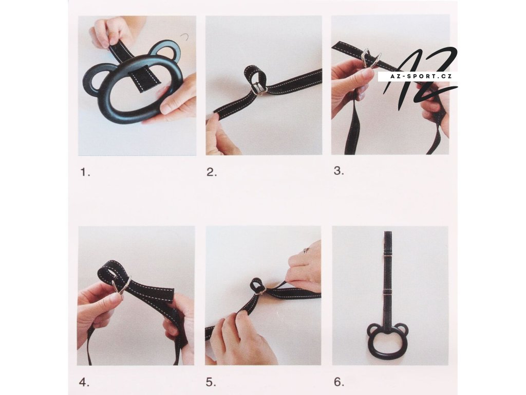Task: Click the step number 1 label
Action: [x=85, y=173]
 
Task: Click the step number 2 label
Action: [x=212, y=173]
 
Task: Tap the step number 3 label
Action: [x=339, y=171]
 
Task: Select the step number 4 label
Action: [x=84, y=382]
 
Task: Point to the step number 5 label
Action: [x=211, y=382]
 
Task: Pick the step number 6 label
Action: [x=339, y=382]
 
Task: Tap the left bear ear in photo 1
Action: [x=96, y=78]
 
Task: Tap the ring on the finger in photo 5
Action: [x=306, y=250]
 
